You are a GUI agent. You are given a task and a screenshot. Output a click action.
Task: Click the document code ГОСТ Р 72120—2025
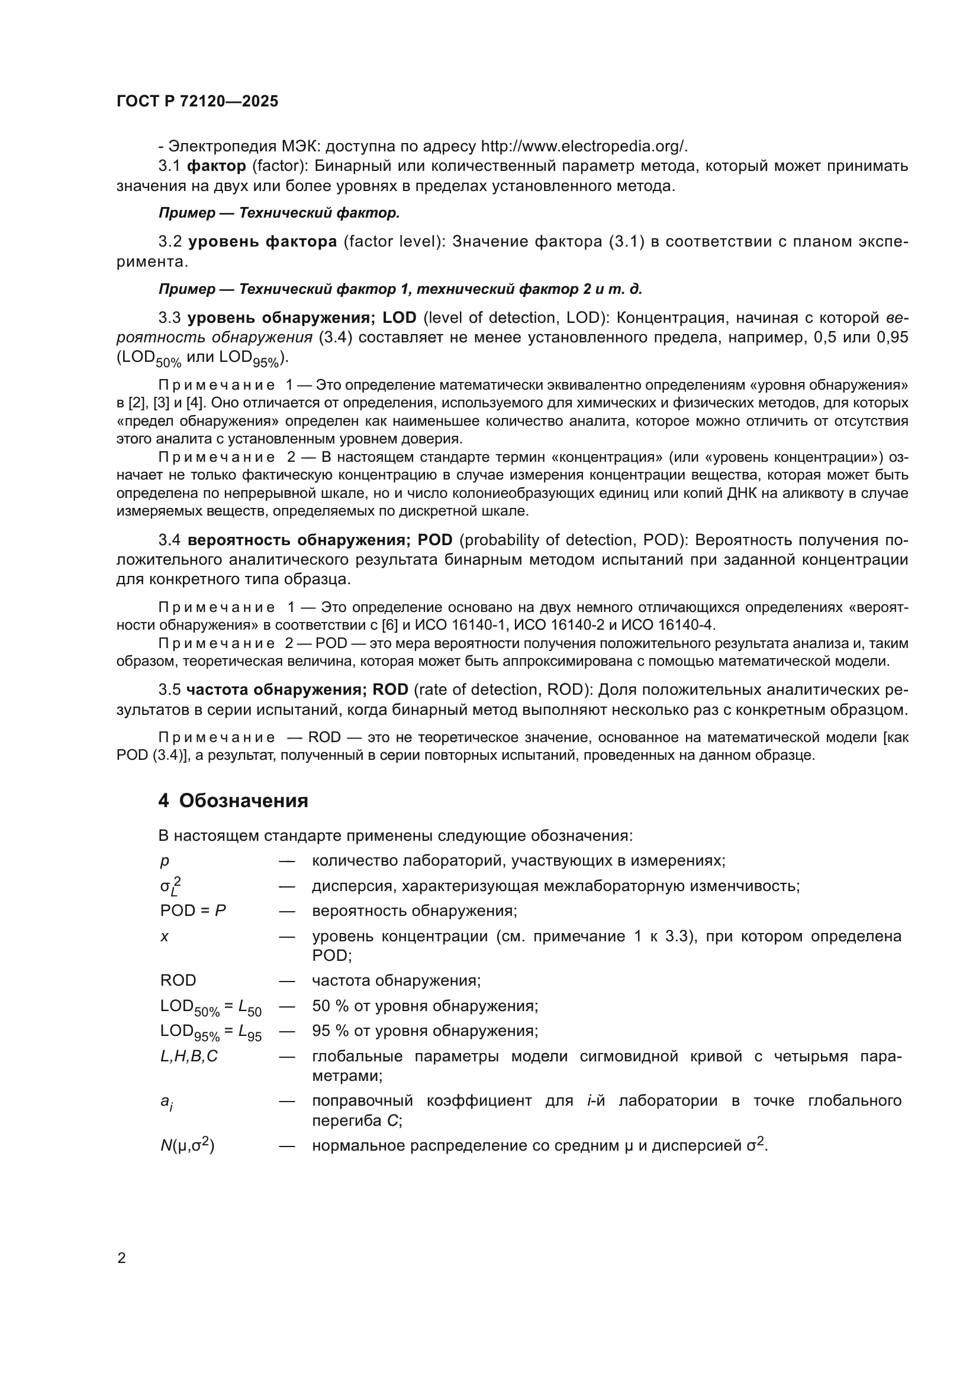(197, 101)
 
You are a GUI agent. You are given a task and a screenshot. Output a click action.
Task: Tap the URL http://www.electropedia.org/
(584, 147)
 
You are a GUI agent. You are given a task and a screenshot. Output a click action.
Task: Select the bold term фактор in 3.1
(217, 166)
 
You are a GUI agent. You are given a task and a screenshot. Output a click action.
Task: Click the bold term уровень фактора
(262, 242)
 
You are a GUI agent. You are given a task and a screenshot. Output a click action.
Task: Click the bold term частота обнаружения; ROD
(297, 689)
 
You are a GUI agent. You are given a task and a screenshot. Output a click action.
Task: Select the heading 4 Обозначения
(233, 801)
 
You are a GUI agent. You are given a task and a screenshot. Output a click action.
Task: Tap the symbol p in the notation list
(165, 861)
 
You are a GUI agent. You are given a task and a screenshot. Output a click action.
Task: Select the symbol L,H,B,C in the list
(189, 1056)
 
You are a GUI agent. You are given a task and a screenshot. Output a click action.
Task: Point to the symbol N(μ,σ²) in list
(187, 1145)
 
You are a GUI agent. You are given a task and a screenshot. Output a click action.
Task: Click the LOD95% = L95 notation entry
(210, 1032)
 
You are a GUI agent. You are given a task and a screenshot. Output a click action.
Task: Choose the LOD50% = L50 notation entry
(210, 1006)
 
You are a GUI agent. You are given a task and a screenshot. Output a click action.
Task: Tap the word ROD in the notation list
(178, 980)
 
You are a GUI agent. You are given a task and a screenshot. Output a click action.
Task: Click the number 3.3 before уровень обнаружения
(170, 318)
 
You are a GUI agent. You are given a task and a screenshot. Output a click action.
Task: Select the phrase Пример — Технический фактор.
(279, 213)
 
